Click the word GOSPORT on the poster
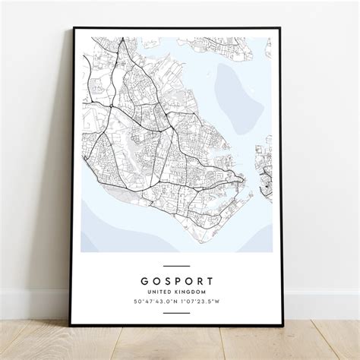click(x=176, y=279)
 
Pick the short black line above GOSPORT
click(x=176, y=267)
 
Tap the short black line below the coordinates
click(x=176, y=312)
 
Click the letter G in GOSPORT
click(x=145, y=279)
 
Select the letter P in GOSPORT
click(x=176, y=279)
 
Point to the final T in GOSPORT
click(x=208, y=279)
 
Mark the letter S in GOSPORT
click(x=166, y=279)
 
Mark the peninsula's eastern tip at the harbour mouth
click(x=243, y=181)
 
